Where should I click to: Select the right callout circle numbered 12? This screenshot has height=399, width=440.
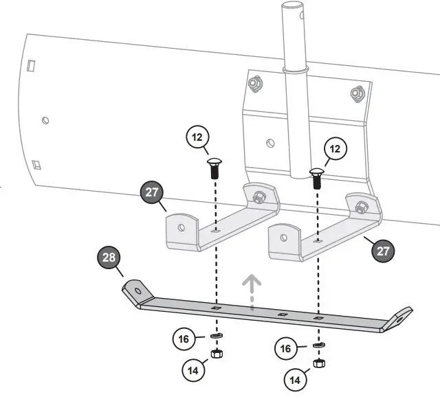(335, 148)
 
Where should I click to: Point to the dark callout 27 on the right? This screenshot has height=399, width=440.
(382, 251)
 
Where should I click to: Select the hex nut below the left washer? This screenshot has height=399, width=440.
(217, 354)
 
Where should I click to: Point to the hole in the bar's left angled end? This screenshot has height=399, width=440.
(137, 290)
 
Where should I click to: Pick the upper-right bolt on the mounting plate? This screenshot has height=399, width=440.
(355, 91)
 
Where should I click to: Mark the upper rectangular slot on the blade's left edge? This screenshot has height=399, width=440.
(32, 65)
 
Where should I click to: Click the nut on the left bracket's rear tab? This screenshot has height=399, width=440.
(261, 197)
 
